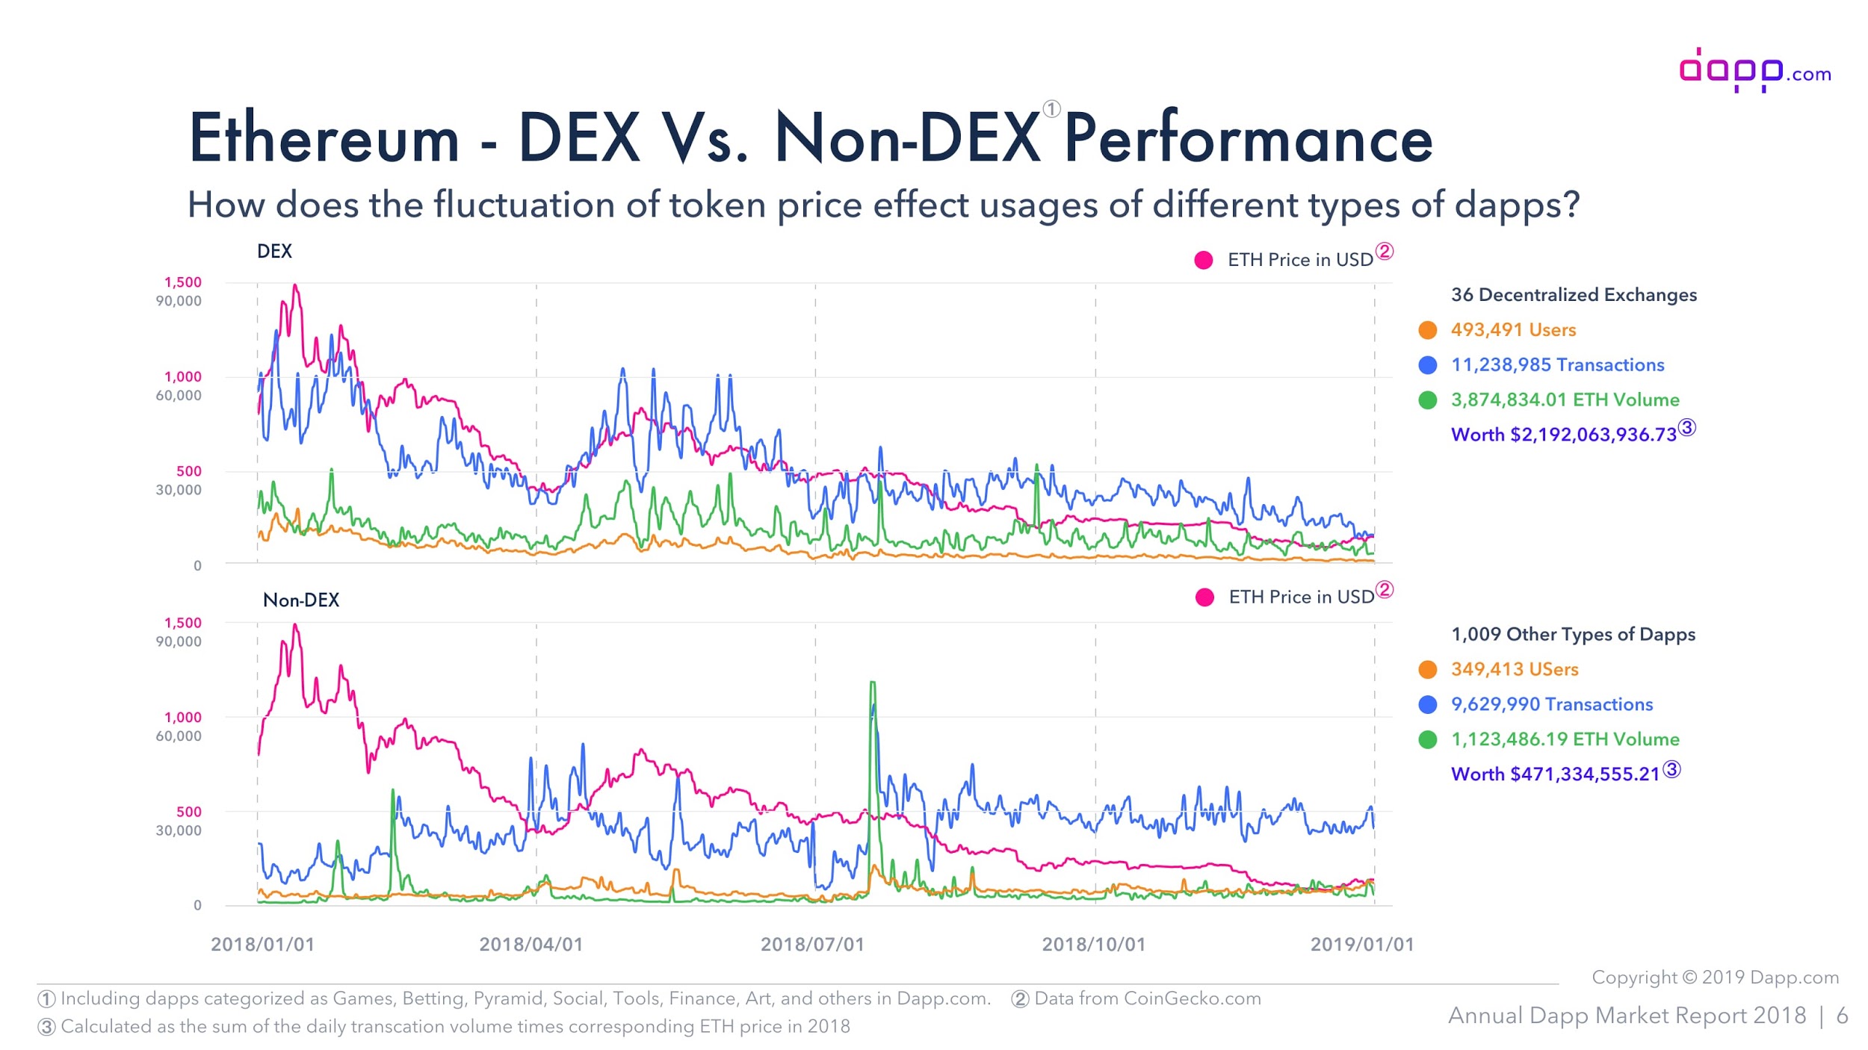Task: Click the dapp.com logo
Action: [1754, 71]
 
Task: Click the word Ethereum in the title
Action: [324, 138]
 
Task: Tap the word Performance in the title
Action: [1248, 138]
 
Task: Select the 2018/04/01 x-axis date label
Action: [531, 944]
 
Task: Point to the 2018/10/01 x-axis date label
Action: [1093, 944]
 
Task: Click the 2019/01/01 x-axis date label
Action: [1361, 944]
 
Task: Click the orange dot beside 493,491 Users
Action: [1427, 330]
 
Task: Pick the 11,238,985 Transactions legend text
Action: [1557, 364]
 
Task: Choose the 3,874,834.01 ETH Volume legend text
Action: [1565, 400]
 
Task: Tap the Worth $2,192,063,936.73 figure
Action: [1563, 435]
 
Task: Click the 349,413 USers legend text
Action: [1514, 669]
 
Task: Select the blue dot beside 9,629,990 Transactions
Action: [1427, 704]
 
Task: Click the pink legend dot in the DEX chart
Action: [1203, 260]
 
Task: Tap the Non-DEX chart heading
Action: [301, 600]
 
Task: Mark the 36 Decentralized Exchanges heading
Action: [1573, 295]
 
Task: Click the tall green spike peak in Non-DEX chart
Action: [872, 683]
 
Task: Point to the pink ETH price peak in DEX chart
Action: [295, 286]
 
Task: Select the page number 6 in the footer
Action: [1842, 1016]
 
